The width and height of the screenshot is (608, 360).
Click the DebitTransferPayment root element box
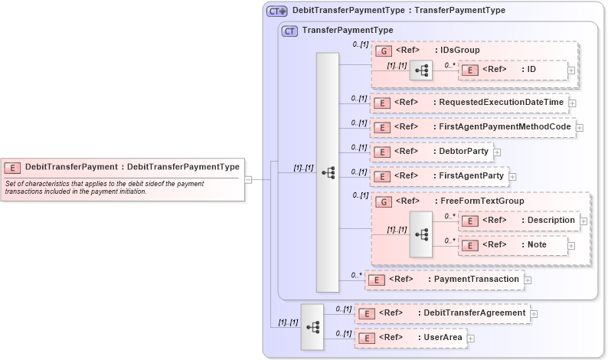coord(123,167)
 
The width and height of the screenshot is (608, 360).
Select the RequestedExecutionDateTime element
coord(469,103)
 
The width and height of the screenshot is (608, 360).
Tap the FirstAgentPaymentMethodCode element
coord(472,127)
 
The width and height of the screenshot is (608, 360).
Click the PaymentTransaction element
coord(445,280)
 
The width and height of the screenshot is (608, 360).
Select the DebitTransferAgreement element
coord(443,313)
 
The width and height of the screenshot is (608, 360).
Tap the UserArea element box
coord(410,338)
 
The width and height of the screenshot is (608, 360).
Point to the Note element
coord(512,245)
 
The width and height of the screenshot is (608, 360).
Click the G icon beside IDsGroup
coord(384,51)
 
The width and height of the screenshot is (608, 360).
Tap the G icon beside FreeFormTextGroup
coord(384,201)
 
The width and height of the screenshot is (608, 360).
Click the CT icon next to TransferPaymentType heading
coord(289,31)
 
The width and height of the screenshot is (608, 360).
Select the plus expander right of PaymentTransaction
coord(528,280)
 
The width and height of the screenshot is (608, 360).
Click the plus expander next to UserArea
coord(471,338)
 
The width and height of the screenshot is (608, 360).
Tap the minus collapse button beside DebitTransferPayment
coord(248,180)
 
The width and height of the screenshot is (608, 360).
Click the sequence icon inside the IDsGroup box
coord(420,70)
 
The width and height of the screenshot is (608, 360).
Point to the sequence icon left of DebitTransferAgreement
coord(312,326)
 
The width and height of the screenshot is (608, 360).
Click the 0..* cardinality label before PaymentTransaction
coord(356,274)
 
